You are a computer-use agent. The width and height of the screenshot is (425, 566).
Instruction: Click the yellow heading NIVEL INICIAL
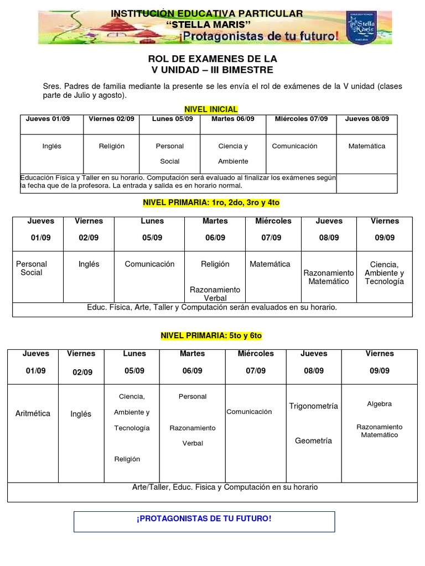tap(211, 109)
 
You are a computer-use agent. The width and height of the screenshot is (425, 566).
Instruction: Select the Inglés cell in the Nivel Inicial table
tap(51, 146)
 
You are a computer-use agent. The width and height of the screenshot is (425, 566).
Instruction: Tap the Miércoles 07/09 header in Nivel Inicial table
tap(301, 119)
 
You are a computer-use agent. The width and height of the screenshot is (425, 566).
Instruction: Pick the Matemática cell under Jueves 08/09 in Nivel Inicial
tap(367, 146)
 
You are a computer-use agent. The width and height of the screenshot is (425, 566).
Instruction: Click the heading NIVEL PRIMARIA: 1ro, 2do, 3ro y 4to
tap(211, 203)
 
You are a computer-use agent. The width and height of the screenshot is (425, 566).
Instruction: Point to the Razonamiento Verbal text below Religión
tap(215, 294)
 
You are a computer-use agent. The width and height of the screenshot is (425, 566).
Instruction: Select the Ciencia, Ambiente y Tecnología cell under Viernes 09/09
tap(384, 272)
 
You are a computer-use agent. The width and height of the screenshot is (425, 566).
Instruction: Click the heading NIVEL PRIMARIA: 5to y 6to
tap(211, 336)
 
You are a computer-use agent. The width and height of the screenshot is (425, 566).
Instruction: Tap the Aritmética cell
tap(33, 413)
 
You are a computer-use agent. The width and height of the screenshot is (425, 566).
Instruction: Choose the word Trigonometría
tap(313, 406)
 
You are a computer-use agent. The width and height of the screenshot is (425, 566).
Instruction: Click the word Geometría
tap(313, 441)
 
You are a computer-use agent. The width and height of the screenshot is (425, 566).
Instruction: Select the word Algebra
tap(379, 404)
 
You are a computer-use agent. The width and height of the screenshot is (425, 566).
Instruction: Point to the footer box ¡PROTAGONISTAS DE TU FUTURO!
tap(204, 519)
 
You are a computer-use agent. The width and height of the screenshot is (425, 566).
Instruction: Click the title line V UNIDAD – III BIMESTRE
tap(212, 70)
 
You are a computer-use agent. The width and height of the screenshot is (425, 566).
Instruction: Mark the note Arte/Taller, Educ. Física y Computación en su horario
tap(225, 487)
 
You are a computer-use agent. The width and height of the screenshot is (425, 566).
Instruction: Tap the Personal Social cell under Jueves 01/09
tap(32, 268)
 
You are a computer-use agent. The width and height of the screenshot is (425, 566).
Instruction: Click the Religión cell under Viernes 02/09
tap(111, 146)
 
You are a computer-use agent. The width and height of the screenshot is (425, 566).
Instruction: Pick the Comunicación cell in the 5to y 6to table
tap(249, 412)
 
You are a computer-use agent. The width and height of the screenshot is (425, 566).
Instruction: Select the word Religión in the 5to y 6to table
tap(127, 459)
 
